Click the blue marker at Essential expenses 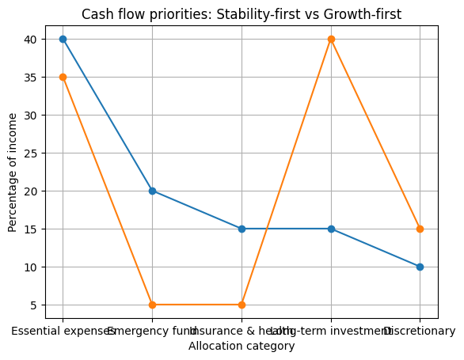pyautogui.click(x=63, y=39)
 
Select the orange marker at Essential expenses pyautogui.click(x=63, y=77)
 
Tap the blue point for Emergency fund pyautogui.click(x=152, y=191)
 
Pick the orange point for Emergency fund pyautogui.click(x=152, y=305)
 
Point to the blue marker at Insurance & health pyautogui.click(x=242, y=229)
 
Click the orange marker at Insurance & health pyautogui.click(x=242, y=305)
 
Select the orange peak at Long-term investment pyautogui.click(x=331, y=39)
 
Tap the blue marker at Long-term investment pyautogui.click(x=331, y=229)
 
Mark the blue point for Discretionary pyautogui.click(x=420, y=267)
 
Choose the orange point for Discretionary pyautogui.click(x=420, y=229)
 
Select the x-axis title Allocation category pyautogui.click(x=242, y=346)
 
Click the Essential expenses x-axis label pyautogui.click(x=63, y=331)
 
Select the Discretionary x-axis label pyautogui.click(x=420, y=331)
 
